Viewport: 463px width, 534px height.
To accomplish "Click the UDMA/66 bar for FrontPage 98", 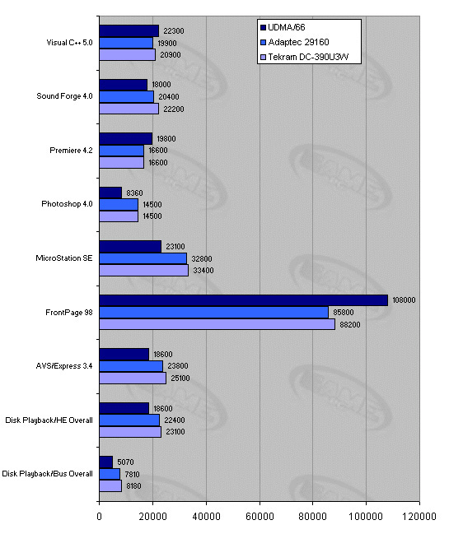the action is click(x=243, y=300).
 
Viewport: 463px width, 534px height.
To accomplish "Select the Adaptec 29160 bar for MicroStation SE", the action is click(x=143, y=258).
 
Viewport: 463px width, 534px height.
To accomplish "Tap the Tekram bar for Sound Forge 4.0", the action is click(x=129, y=109).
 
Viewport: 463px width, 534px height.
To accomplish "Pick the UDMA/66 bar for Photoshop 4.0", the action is click(x=110, y=193).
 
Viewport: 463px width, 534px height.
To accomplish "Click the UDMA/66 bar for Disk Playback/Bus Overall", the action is click(x=106, y=462).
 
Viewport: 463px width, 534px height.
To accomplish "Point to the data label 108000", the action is click(x=404, y=300).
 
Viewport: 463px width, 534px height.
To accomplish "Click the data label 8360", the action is click(x=134, y=193).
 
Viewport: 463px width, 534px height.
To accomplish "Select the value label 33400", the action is click(x=203, y=271).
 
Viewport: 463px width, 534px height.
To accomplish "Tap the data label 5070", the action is click(x=125, y=462).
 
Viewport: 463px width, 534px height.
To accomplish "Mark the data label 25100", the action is click(x=180, y=378).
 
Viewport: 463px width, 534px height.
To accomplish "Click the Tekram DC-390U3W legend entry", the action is click(x=304, y=57).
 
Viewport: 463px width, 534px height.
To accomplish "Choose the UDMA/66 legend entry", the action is click(x=283, y=27).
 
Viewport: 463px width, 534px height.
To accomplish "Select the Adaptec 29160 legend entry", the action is click(x=295, y=42).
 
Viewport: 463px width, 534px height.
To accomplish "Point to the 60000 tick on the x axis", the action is click(x=260, y=516).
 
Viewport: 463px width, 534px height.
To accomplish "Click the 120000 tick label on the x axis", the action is click(x=419, y=516).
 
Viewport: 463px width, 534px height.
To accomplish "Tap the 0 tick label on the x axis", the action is click(x=99, y=516).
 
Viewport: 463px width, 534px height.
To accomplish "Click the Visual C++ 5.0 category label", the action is click(x=69, y=43).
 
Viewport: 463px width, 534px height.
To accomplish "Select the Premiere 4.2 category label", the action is click(x=71, y=151).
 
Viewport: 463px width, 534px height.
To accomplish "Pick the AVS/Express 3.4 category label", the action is click(x=64, y=366).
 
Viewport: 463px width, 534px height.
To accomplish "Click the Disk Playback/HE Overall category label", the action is click(x=49, y=420).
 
